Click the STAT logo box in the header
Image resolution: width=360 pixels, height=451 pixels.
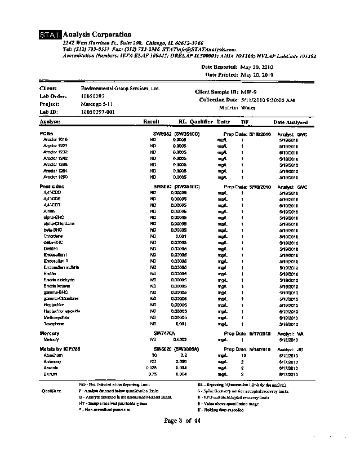pos(51,36)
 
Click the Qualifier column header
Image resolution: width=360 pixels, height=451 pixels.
pos(201,122)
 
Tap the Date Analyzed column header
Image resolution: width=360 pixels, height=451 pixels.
pos(291,122)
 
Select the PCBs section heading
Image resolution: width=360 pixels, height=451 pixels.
pos(46,134)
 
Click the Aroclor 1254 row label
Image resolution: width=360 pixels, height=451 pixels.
pos(56,170)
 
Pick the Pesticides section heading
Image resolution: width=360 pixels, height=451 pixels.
pos(51,187)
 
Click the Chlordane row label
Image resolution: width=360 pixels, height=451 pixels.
pos(54,237)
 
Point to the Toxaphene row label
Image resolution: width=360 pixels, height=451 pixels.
pos(54,324)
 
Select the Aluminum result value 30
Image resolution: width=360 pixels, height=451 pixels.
pos(153,356)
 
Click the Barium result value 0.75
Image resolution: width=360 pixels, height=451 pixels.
pos(152,374)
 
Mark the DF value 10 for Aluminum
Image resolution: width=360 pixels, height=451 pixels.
pos(244,356)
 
